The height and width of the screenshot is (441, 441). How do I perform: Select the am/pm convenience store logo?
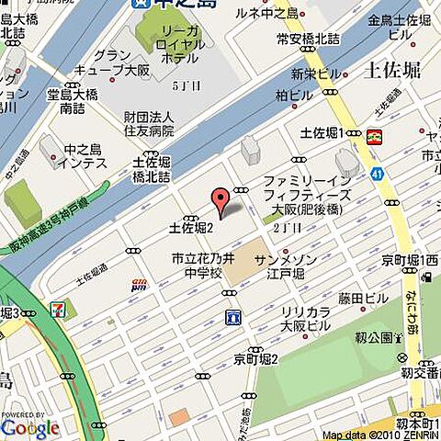tap(140, 285)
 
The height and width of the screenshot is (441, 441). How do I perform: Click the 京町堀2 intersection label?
tap(255, 359)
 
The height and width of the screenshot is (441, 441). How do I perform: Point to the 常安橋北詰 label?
tap(308, 39)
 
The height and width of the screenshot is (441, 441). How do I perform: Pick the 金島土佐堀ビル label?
tap(401, 27)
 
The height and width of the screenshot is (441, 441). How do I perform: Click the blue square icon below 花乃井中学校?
tap(232, 317)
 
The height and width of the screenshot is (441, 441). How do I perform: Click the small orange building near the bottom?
tap(179, 416)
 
